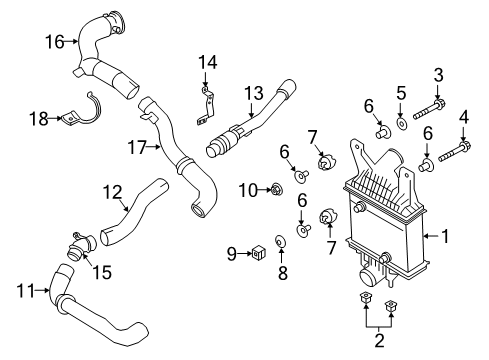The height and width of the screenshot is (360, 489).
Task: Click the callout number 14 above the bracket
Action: (206, 62)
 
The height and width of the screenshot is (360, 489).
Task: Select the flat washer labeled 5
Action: (402, 124)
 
